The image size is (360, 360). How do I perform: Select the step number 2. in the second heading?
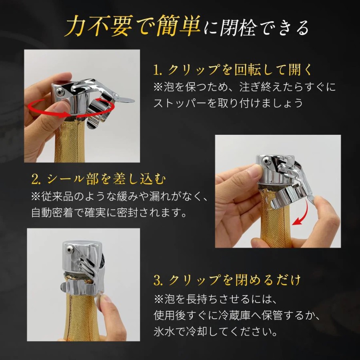coord(36,179)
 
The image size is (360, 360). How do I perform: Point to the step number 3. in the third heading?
coord(159,280)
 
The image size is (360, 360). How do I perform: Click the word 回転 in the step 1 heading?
coord(248,70)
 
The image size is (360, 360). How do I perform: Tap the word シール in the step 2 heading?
coord(65,179)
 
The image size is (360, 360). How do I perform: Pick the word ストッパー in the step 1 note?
coord(179,103)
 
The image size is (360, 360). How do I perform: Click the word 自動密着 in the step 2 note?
coord(52,213)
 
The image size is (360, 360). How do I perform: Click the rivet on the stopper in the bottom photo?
coord(69,248)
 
